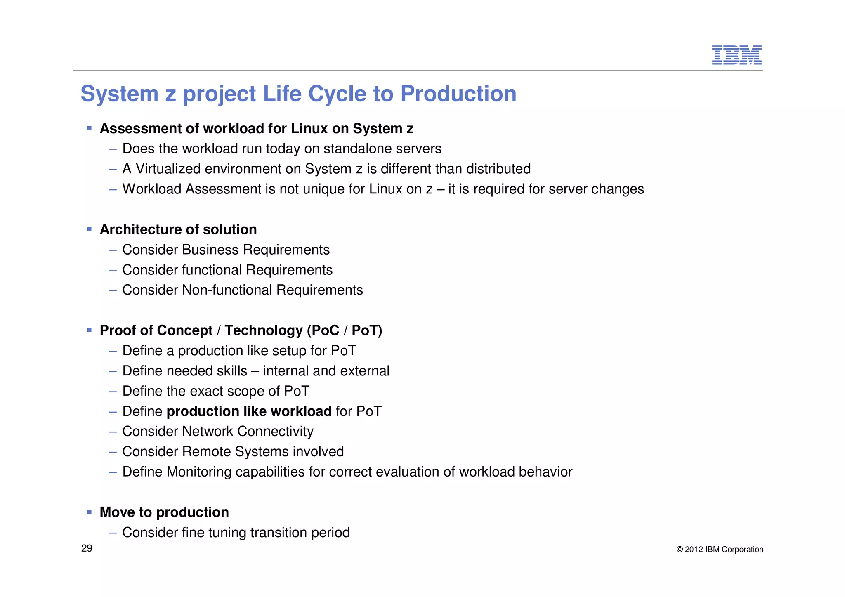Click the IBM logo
(x=736, y=55)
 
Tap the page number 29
(x=87, y=548)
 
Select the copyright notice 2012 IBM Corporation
(x=720, y=550)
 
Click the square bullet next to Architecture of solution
(x=90, y=229)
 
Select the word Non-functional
(x=227, y=290)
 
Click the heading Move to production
(x=164, y=512)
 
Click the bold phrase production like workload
(x=249, y=411)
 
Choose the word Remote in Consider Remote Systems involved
(x=204, y=452)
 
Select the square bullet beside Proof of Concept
(x=90, y=330)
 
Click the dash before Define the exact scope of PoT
(x=113, y=392)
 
